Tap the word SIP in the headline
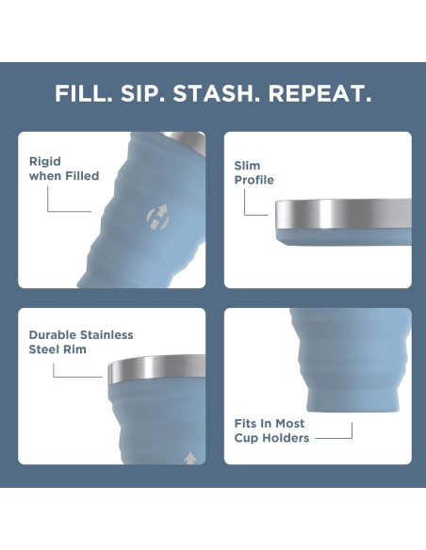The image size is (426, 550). (x=142, y=94)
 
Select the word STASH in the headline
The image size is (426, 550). (x=215, y=94)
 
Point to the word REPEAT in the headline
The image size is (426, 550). (x=319, y=94)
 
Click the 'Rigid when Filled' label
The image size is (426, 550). (x=63, y=169)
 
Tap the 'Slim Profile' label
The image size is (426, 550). (x=254, y=172)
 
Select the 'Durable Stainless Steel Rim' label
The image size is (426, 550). (x=80, y=342)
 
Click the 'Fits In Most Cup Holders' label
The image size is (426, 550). (x=270, y=430)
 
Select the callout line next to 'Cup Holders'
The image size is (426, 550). (x=335, y=437)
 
